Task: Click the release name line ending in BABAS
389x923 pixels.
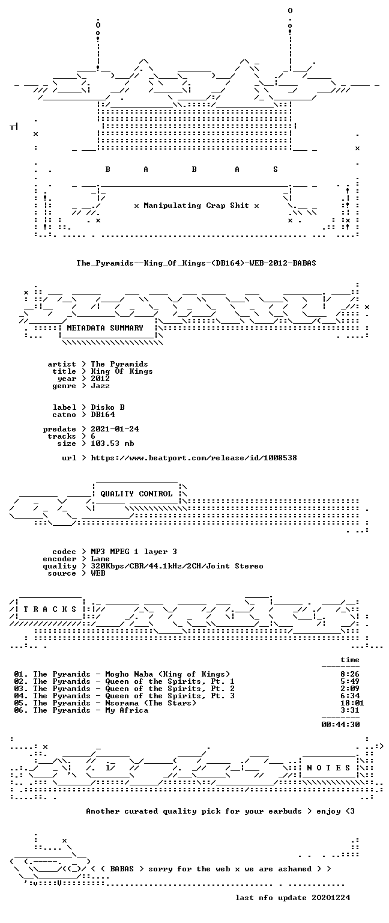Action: (196, 263)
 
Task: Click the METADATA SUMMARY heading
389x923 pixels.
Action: (105, 328)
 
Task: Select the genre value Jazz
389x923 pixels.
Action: (100, 386)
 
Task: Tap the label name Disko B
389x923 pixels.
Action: (108, 407)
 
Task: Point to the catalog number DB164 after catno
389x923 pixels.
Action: (103, 415)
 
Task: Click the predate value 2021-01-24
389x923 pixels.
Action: (115, 429)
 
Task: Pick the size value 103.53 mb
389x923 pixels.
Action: (112, 443)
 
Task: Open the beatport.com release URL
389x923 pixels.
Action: (194, 458)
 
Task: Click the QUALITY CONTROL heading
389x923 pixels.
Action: (137, 493)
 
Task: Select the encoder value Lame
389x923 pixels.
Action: (100, 559)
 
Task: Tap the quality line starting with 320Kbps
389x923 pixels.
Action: (177, 566)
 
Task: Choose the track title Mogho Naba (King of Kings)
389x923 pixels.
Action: (167, 674)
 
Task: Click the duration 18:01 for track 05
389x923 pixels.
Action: (352, 703)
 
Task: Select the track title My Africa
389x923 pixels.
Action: (127, 710)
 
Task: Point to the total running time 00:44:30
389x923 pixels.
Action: (340, 724)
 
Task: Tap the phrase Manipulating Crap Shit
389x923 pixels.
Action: (196, 206)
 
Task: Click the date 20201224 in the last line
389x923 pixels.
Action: (331, 897)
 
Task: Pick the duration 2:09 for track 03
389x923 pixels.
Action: (350, 689)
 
